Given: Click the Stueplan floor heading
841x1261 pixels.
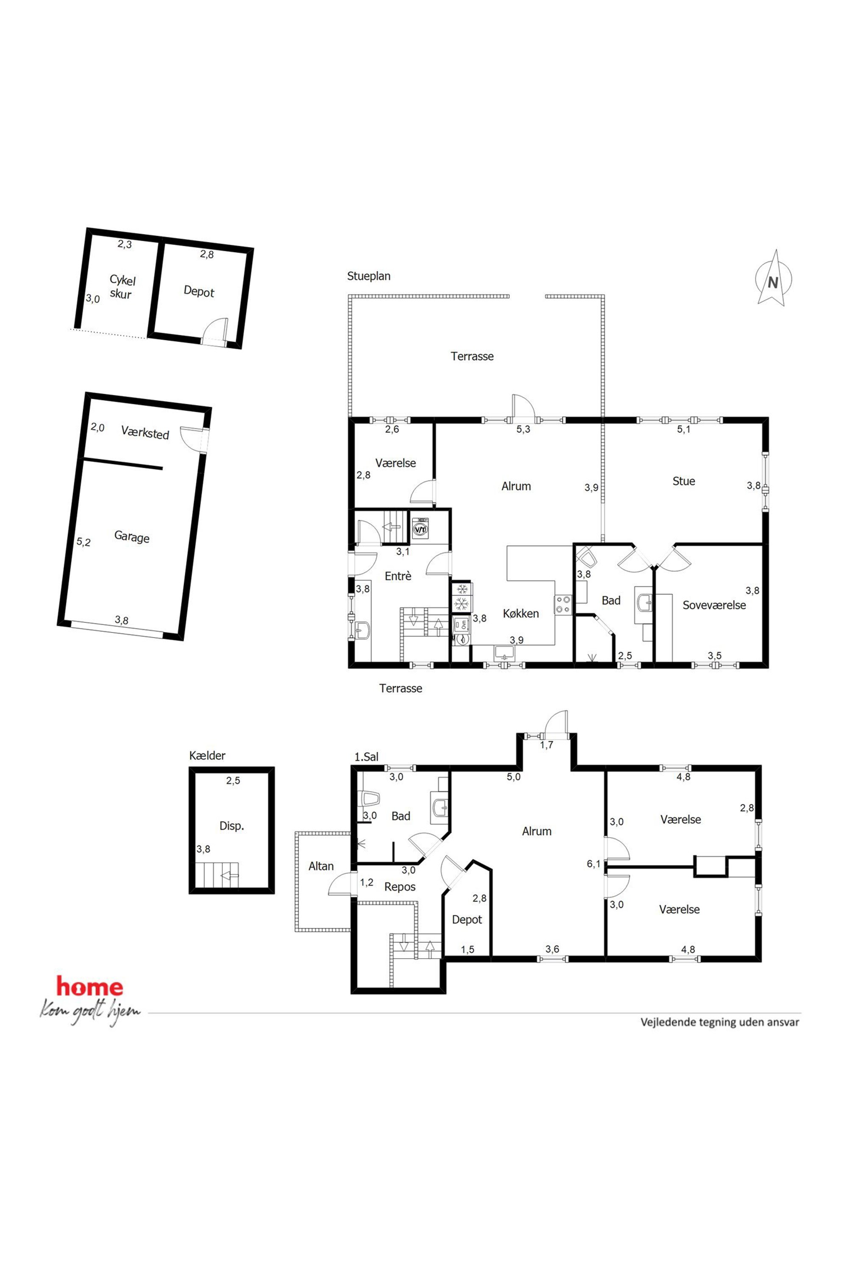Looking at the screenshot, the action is [368, 276].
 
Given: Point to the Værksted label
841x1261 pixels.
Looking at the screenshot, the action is [145, 432].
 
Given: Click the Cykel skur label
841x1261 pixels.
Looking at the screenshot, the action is [122, 287].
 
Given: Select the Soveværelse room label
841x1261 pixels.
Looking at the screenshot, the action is [714, 605].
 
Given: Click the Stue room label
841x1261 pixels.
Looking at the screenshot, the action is [683, 481].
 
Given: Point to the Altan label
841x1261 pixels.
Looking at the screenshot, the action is [321, 866].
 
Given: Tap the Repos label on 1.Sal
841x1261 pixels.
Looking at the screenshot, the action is [400, 887].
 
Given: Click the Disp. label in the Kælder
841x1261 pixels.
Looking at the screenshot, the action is [232, 826].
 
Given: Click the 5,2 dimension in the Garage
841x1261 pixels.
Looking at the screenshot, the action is [83, 542].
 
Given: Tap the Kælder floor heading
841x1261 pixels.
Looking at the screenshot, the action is [207, 755].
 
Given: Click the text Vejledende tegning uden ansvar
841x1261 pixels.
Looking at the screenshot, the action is [720, 1022].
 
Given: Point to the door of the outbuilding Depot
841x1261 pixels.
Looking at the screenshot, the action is [214, 331].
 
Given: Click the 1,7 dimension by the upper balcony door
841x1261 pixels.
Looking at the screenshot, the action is [546, 745].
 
